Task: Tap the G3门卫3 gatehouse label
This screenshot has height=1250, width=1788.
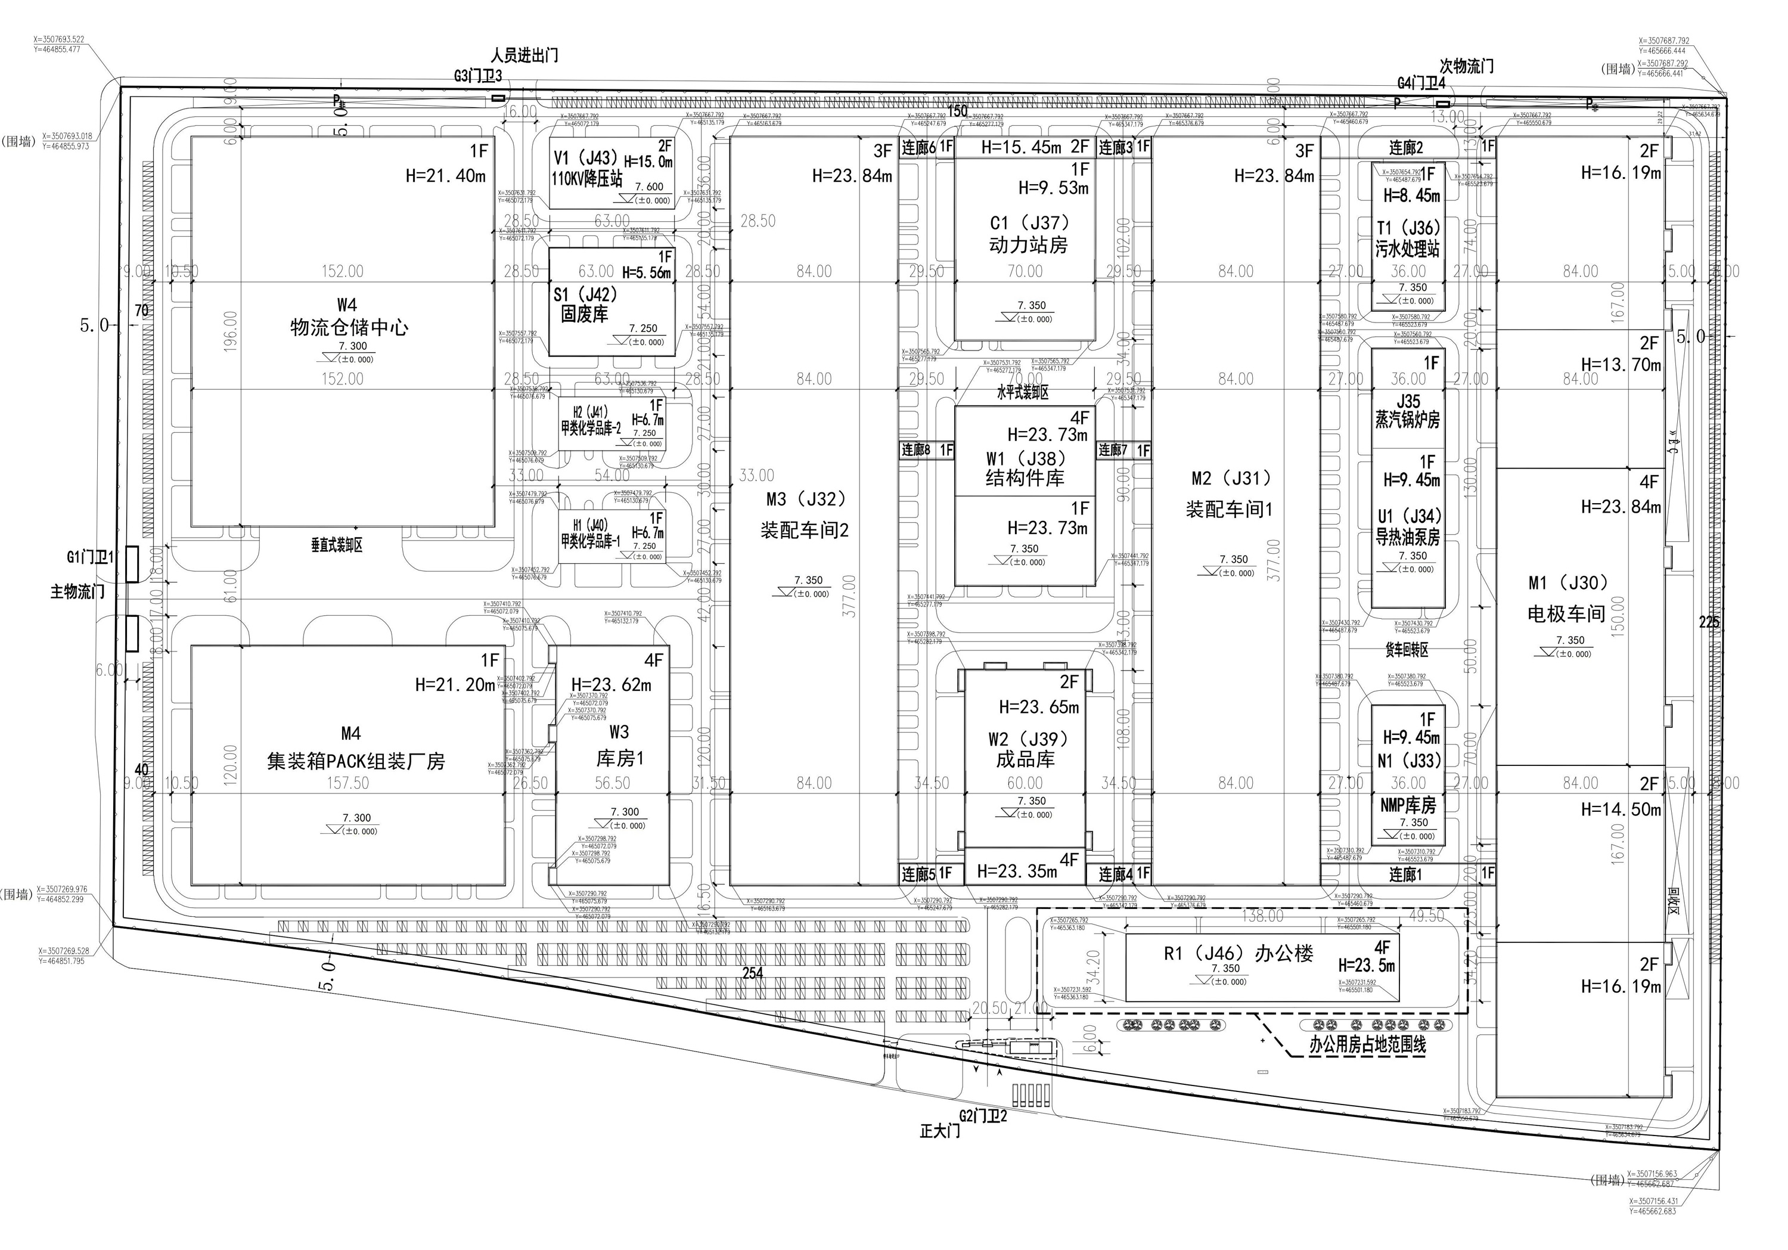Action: point(478,76)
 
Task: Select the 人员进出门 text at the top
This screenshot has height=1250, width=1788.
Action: point(524,56)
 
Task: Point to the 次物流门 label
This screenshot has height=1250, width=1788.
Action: point(1466,67)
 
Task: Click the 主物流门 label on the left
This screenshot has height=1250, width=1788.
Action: point(77,592)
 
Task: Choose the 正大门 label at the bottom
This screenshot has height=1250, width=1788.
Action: point(940,1131)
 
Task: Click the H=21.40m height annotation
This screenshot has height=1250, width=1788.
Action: point(445,176)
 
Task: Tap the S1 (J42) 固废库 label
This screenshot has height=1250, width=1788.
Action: point(585,305)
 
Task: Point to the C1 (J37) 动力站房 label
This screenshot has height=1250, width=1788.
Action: point(1028,234)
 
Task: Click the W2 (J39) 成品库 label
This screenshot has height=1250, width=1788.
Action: point(1026,749)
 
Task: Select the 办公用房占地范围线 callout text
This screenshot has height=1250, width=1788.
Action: point(1367,1045)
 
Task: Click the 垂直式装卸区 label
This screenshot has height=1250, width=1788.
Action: point(336,545)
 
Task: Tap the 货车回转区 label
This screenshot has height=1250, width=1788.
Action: point(1407,649)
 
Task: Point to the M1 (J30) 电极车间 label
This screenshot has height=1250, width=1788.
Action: point(1567,598)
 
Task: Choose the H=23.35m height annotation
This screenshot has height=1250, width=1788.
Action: point(1017,871)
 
